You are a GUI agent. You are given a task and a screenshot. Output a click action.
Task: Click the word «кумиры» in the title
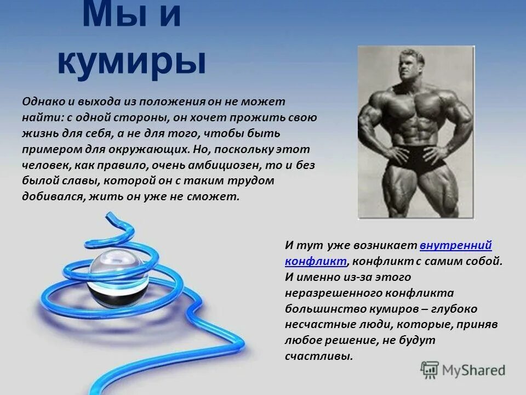131,62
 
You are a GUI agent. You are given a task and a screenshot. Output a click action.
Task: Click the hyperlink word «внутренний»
455,245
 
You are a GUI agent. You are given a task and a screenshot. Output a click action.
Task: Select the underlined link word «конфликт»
316,261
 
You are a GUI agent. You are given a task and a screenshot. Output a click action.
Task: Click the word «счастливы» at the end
318,356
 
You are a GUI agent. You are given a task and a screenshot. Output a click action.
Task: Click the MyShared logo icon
430,369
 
